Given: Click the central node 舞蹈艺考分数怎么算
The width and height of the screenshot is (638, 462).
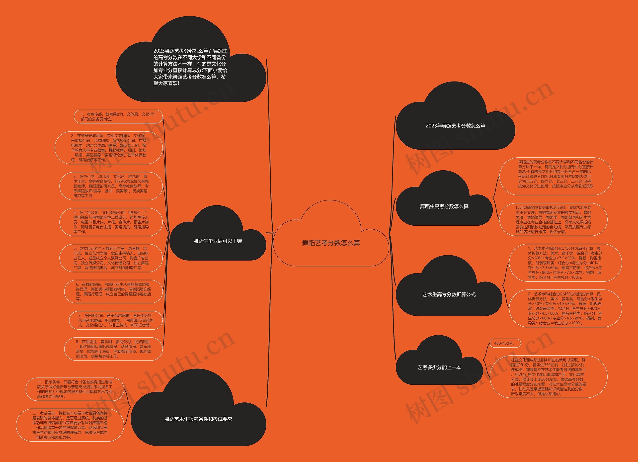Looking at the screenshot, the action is pos(331,243).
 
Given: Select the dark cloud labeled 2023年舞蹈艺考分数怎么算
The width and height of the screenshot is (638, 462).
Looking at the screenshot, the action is pos(455,126).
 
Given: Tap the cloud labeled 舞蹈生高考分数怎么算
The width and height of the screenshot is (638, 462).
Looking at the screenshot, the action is pos(444,206).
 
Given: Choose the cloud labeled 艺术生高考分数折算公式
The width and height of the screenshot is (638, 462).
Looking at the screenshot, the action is pos(449,294).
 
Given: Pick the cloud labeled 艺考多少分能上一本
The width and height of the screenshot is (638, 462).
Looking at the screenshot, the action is pos(439,367).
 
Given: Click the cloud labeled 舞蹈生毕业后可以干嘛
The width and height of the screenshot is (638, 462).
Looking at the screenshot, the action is pos(218,241).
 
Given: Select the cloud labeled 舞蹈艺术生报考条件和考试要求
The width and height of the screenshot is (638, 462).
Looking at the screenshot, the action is pos(198,419).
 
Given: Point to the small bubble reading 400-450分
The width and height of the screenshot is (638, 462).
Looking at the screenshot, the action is pos(505,343).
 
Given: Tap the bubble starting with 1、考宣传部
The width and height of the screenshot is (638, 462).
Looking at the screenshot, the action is pos(118,116).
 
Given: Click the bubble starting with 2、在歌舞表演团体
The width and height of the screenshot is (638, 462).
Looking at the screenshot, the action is pos(109,148).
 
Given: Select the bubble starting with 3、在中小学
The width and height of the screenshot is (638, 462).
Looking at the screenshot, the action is pos(111,186).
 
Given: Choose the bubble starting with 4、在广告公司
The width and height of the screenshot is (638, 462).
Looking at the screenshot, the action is pos(111,222).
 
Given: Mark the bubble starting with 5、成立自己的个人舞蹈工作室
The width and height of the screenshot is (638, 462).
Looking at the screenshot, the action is pos(111,258).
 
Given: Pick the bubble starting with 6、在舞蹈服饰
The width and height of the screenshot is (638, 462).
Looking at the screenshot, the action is pos(113,291).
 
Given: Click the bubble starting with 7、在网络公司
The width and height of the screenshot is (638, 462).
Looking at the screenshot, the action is pos(116,320).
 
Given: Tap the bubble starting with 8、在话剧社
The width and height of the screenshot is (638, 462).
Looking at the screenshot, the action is pos(113,349).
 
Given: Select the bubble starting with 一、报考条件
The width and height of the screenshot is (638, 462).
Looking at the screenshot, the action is pos(75,389).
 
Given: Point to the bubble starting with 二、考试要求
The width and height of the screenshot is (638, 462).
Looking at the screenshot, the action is pos(70,425).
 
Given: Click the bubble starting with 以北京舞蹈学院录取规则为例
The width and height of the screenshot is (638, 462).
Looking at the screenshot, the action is pos(553,220).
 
